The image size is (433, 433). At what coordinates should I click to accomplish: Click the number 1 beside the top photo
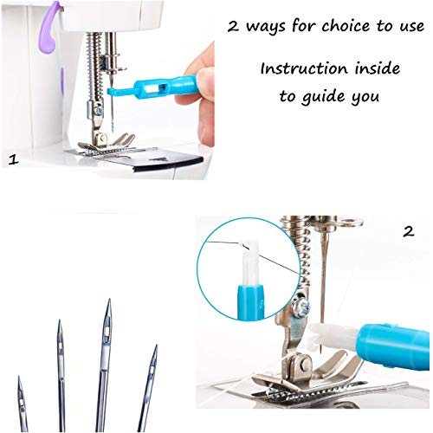pyautogui.click(x=13, y=159)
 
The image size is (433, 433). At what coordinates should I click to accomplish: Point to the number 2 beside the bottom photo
pyautogui.click(x=407, y=232)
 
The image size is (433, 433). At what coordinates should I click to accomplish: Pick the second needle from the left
pyautogui.click(x=61, y=372)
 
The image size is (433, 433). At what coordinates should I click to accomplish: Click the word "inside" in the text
pyautogui.click(x=374, y=68)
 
